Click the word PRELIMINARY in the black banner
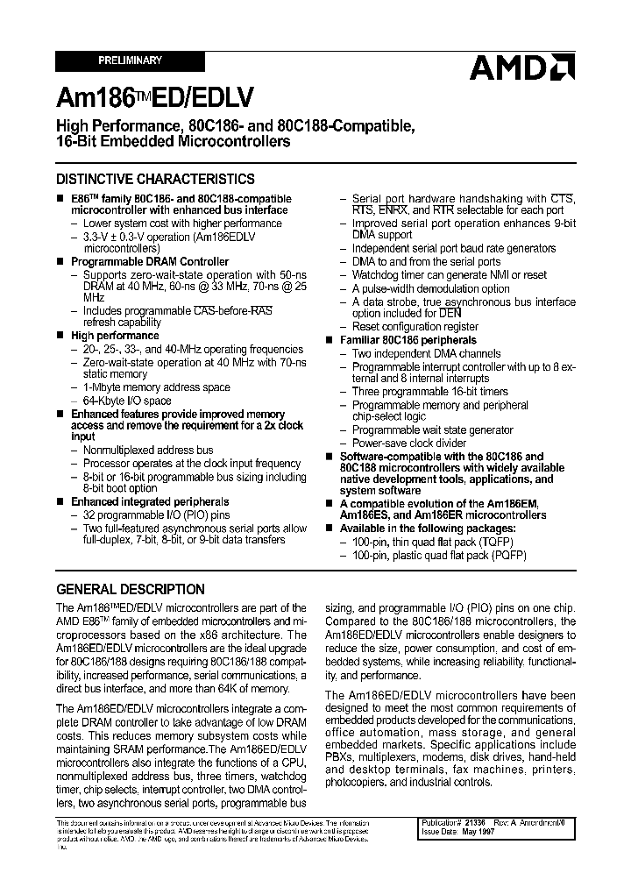[130, 60]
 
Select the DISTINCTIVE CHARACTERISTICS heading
[156, 179]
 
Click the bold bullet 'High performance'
[115, 336]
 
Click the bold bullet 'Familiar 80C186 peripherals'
[408, 340]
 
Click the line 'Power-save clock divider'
[409, 443]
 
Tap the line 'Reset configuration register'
[415, 326]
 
